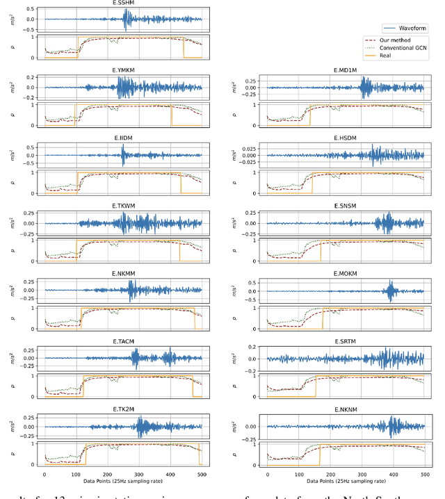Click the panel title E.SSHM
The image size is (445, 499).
click(x=124, y=3)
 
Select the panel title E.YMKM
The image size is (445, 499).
click(x=124, y=70)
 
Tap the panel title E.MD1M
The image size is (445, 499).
click(x=345, y=70)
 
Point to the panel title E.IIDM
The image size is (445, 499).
click(x=124, y=138)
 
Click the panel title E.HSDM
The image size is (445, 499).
click(x=345, y=138)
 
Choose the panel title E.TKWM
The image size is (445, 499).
click(x=124, y=206)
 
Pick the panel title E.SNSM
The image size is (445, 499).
click(x=345, y=206)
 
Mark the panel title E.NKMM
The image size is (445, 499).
click(x=124, y=274)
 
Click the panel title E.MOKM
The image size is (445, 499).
click(x=345, y=274)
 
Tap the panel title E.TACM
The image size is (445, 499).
click(x=124, y=342)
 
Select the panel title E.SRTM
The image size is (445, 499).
click(x=345, y=342)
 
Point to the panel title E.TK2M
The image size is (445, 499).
click(x=124, y=410)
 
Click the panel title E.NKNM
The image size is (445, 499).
click(x=345, y=410)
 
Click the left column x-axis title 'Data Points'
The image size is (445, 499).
click(x=124, y=480)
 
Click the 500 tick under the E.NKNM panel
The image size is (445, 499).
click(x=423, y=472)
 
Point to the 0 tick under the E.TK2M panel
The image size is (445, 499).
click(x=45, y=472)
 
